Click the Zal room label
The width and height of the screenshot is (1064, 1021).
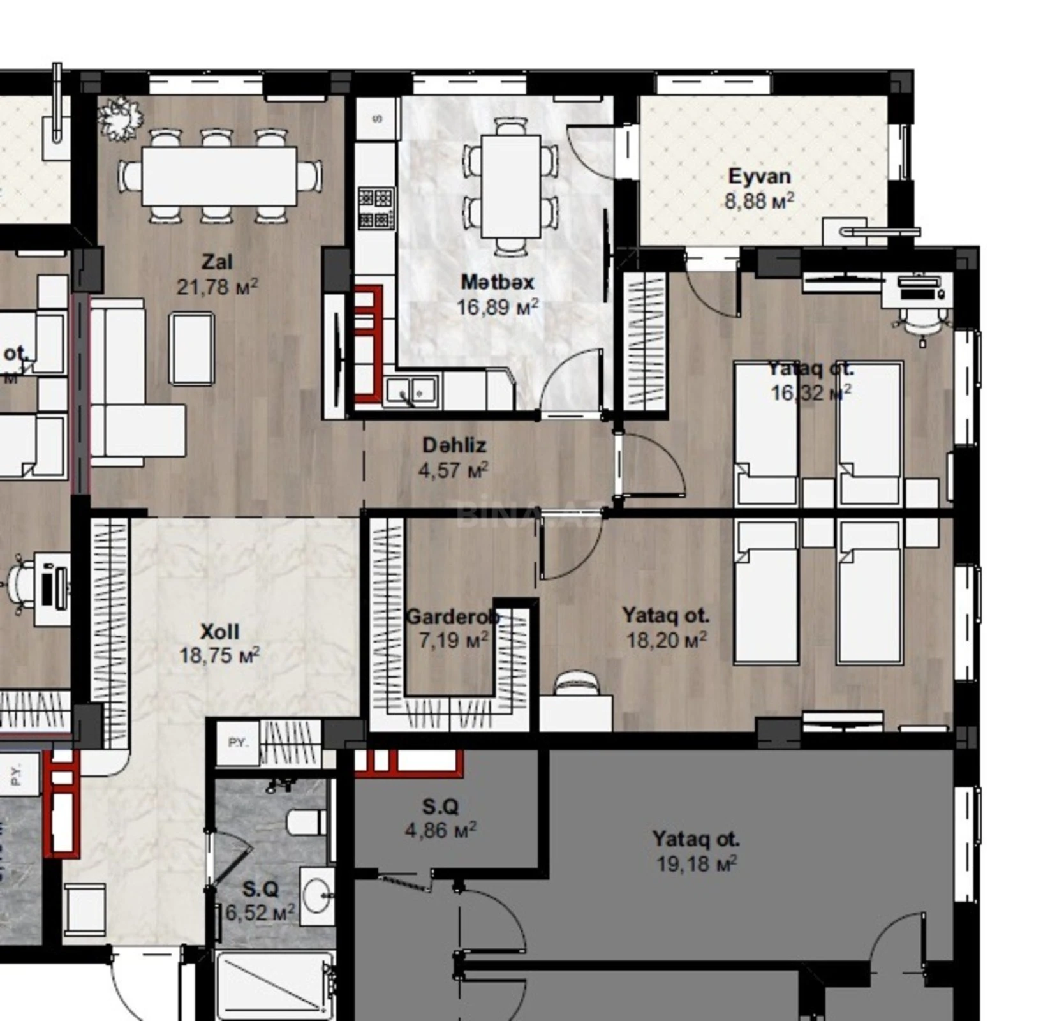pos(217,262)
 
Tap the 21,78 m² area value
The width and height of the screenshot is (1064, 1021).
pos(217,287)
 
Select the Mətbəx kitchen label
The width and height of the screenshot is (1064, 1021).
pos(498,281)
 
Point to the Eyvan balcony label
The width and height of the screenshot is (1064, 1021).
pos(759,176)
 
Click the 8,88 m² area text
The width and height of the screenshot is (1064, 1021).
pos(759,201)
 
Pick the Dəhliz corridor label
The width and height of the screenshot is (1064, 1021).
pos(454,445)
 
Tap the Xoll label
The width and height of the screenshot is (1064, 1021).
pos(219,632)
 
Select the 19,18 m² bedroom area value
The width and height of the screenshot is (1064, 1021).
pos(697,864)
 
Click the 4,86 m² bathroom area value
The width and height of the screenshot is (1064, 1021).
pos(440,830)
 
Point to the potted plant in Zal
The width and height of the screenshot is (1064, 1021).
pos(120,119)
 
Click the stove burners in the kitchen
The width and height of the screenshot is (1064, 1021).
pos(375,208)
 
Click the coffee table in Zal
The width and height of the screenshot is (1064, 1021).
pos(191,348)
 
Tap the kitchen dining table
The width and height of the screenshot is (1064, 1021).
pos(510,186)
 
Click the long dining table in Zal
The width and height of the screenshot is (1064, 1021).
pos(219,176)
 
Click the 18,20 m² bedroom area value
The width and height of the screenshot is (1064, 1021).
pos(666,640)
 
